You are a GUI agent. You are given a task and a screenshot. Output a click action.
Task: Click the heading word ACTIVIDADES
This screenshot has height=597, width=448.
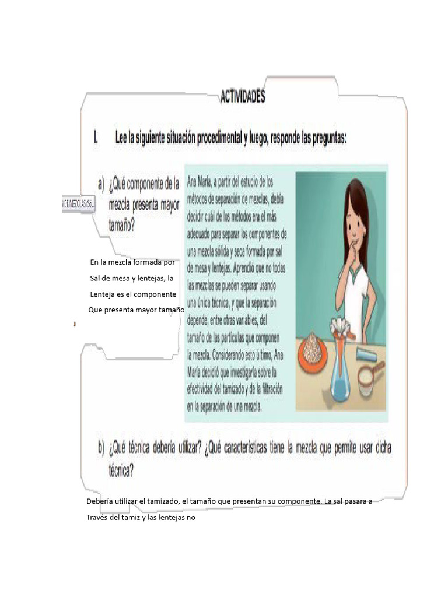[242, 97]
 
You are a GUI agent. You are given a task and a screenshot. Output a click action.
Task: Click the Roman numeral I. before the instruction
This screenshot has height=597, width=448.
[96, 138]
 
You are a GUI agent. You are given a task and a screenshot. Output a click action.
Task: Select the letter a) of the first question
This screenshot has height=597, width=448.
[100, 185]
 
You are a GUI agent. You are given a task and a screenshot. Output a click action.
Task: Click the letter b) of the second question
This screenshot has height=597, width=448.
[101, 449]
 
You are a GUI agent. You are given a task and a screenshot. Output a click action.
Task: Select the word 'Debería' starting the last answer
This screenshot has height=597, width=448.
[99, 501]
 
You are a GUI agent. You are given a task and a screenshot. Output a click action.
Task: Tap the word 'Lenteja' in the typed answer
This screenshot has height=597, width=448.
[104, 294]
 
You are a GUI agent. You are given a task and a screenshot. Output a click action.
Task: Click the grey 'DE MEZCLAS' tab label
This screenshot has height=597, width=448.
[79, 203]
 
